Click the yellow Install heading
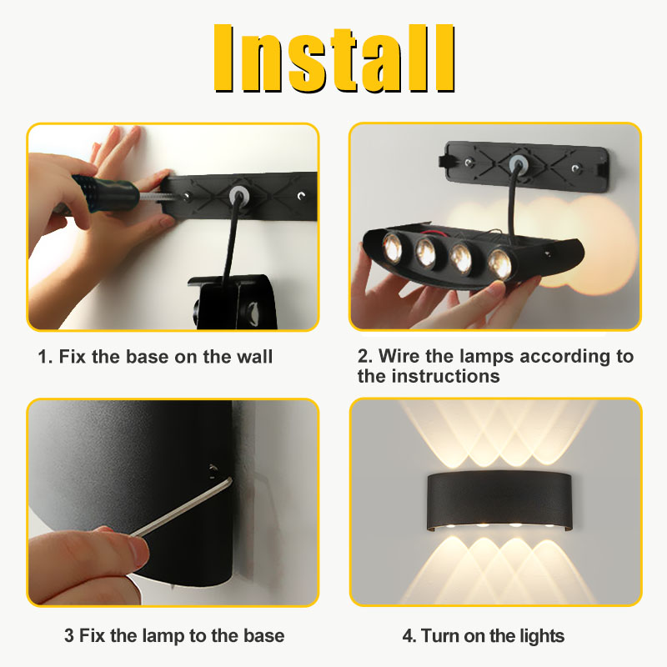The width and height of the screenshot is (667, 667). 333,58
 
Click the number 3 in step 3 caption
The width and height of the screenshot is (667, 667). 69,635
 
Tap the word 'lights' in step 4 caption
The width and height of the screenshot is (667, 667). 539,636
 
